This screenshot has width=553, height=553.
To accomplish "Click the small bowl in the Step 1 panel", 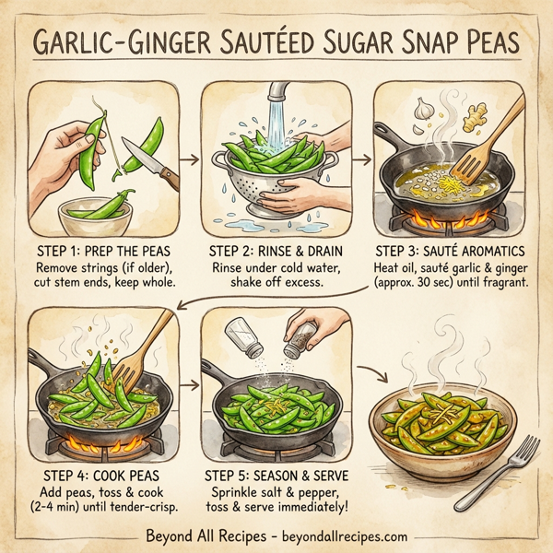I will click(x=97, y=218).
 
